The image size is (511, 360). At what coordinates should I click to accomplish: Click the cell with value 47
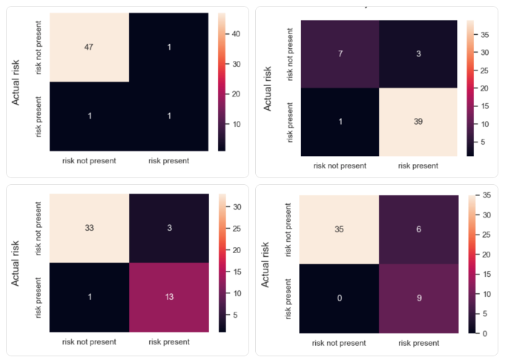88,46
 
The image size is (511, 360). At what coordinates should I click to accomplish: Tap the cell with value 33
89,227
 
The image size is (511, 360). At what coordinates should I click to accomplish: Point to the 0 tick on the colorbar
482,334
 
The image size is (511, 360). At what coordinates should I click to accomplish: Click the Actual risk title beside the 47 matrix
16,82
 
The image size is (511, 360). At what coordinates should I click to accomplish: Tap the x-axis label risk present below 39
418,166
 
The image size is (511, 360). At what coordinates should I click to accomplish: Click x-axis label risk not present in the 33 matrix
88,342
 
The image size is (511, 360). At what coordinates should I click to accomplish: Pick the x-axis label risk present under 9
418,343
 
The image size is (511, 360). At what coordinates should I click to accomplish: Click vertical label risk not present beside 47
39,46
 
